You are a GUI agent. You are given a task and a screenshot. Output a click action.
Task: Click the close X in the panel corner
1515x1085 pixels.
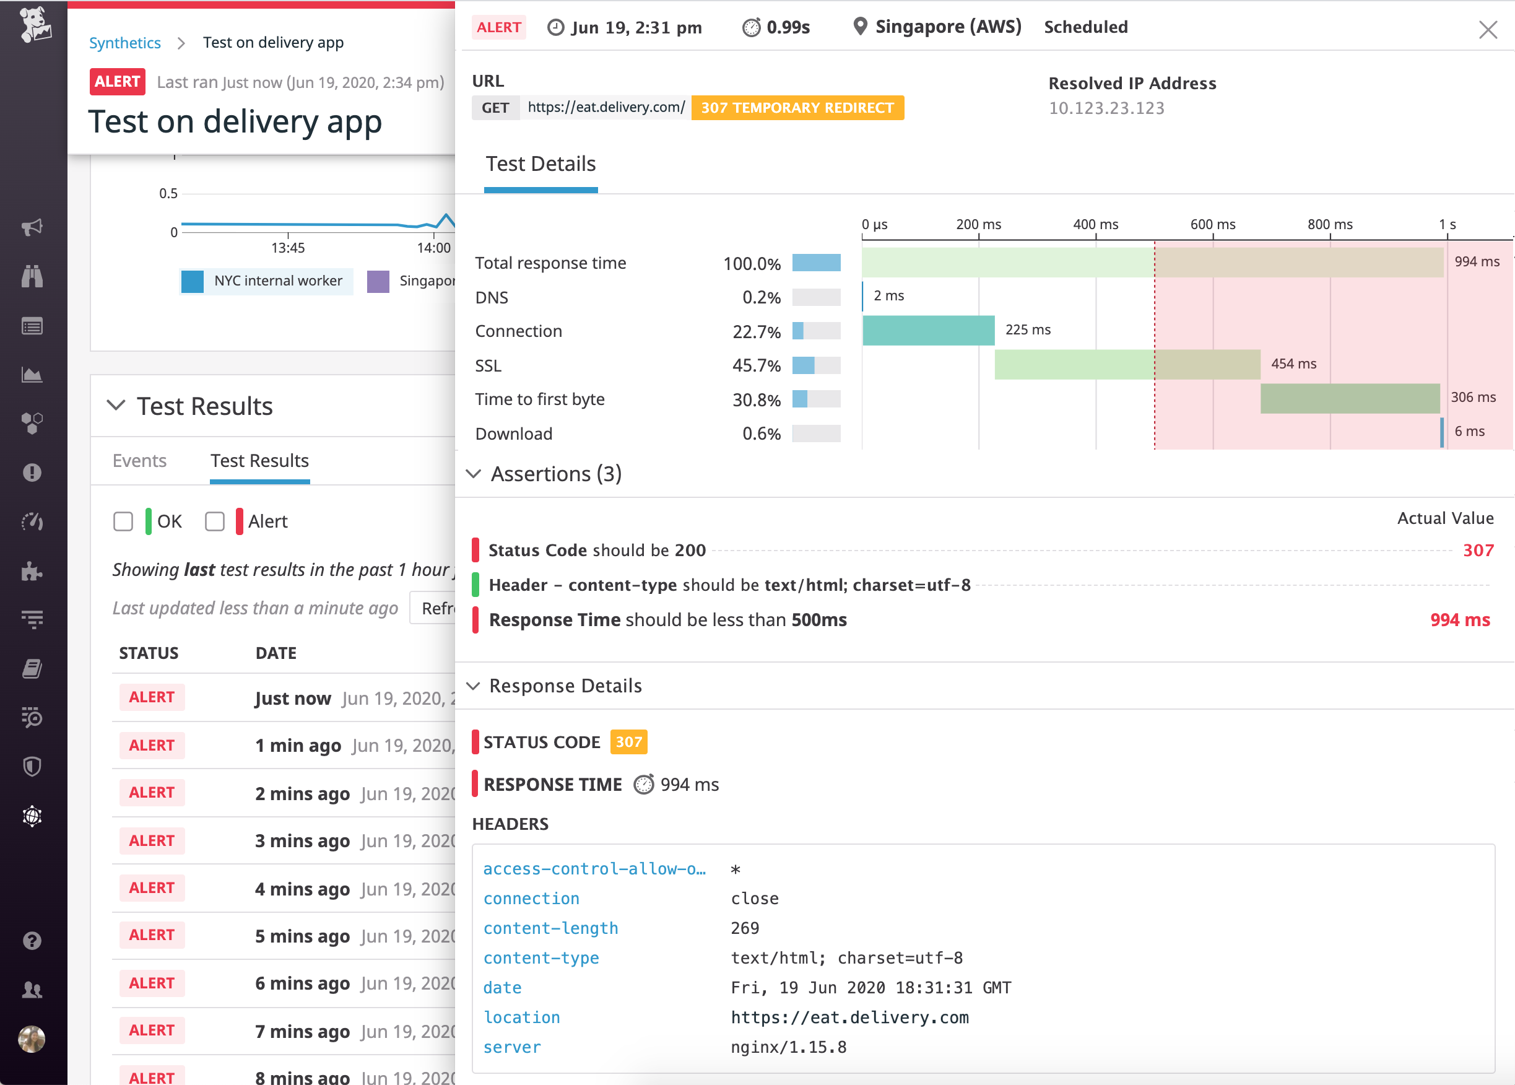click(x=1488, y=29)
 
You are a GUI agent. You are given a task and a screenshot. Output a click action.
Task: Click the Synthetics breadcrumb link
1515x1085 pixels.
click(x=125, y=43)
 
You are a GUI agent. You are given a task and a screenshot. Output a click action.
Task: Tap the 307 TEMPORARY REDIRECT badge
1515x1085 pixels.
click(x=797, y=108)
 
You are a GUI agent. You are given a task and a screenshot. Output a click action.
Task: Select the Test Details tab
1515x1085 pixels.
click(x=540, y=164)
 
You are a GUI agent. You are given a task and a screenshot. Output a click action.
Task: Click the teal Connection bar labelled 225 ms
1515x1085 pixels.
click(x=928, y=330)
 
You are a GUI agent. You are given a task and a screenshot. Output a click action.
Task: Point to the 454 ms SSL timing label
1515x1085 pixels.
click(x=1293, y=364)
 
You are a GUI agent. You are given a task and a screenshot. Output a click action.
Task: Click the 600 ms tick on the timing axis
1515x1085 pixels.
click(x=1212, y=224)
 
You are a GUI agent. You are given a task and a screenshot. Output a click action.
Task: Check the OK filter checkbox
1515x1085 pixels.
click(x=124, y=521)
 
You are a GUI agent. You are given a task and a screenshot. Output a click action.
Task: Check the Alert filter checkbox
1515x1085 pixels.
click(x=215, y=521)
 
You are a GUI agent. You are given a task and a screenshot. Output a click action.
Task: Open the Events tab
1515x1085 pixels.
click(x=139, y=461)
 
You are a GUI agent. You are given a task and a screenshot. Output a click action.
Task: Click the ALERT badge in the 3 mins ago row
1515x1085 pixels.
click(x=152, y=840)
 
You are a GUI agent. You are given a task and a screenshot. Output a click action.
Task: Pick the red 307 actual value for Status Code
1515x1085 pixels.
click(x=1478, y=551)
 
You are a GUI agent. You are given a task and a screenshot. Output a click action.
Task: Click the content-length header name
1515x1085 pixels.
click(x=550, y=928)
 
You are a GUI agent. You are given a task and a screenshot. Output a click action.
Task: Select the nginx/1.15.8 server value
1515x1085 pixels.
click(x=788, y=1047)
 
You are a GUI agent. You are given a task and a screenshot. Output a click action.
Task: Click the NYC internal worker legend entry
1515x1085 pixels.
click(x=277, y=281)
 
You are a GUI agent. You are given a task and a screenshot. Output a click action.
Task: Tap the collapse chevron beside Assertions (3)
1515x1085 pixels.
click(x=474, y=474)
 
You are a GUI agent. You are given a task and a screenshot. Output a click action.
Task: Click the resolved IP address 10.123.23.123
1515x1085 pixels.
click(x=1106, y=108)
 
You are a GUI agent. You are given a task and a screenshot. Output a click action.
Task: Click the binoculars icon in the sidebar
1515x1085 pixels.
click(x=32, y=276)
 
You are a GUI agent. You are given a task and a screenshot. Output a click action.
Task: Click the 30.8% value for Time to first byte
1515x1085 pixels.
click(x=756, y=399)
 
